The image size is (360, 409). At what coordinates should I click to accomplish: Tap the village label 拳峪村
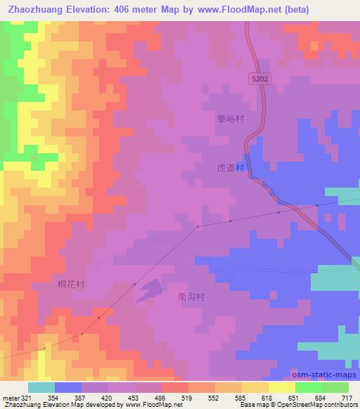(x=230, y=119)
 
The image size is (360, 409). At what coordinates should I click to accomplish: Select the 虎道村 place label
(x=230, y=169)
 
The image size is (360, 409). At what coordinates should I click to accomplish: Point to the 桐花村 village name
(x=70, y=285)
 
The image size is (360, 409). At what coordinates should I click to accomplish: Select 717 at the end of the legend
(x=347, y=397)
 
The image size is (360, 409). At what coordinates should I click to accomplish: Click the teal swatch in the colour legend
(x=41, y=387)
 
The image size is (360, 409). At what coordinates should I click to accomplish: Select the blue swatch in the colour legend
(x=68, y=387)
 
